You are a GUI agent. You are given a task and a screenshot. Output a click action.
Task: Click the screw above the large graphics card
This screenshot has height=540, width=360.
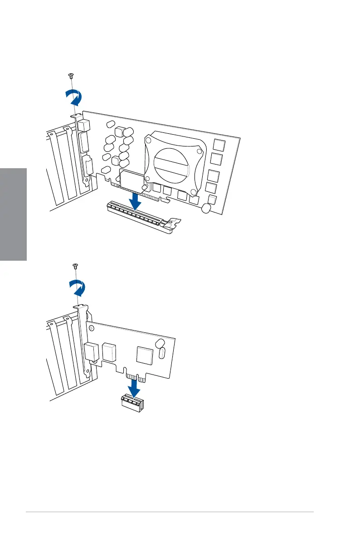tap(70, 75)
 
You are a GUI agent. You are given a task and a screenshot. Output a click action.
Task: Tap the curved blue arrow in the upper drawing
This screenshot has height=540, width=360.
tap(74, 96)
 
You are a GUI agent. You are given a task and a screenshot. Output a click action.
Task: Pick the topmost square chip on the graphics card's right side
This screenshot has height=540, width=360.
tap(219, 145)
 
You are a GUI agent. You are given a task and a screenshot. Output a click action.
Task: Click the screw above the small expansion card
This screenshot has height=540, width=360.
tap(76, 266)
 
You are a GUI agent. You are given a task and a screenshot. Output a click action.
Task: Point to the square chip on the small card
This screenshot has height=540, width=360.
tap(145, 355)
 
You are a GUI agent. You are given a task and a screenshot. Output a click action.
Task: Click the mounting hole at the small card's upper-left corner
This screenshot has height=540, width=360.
tap(92, 326)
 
